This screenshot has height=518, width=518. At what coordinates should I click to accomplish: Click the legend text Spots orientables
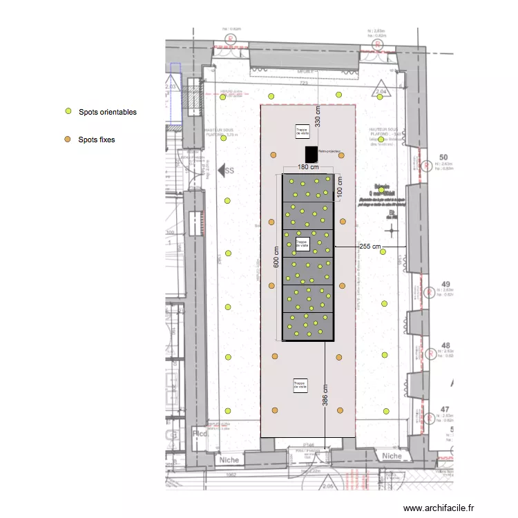point(107,112)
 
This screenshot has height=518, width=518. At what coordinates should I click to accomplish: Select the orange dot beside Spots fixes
point(68,140)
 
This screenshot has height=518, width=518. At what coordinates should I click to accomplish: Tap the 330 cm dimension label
point(318,117)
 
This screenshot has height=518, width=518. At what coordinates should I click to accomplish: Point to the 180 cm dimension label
point(307,167)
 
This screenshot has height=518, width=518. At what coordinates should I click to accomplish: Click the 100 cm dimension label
point(340,186)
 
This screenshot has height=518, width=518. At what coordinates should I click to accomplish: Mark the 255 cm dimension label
point(370,246)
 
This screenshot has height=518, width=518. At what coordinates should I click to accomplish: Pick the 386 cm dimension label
point(325,395)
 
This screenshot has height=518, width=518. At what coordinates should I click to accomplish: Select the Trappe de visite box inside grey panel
point(301,243)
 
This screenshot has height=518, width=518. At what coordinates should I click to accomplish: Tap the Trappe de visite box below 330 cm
point(302,131)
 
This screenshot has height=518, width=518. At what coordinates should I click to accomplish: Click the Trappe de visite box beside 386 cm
point(300,385)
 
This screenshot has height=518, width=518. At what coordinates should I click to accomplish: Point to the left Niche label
point(229,459)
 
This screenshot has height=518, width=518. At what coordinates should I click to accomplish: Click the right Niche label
point(392,456)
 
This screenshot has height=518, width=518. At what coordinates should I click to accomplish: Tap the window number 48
point(445,345)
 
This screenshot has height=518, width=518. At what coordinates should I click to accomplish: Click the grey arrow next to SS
point(222,169)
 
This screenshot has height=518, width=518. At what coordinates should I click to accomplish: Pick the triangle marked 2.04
point(379,91)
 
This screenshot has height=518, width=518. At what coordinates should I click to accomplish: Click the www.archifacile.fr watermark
point(439,508)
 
